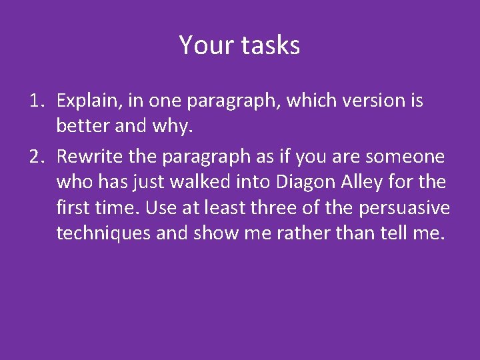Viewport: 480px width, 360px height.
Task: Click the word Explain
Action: click(x=87, y=101)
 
